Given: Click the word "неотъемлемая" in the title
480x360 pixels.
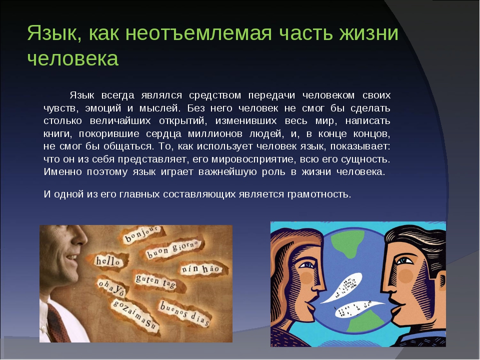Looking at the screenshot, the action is [x=198, y=33].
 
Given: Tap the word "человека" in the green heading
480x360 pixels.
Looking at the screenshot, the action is [x=73, y=58].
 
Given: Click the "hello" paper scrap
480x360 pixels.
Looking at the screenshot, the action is [x=108, y=261].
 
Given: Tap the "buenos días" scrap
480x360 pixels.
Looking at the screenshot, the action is [x=184, y=313].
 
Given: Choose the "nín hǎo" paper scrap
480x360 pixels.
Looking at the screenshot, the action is [x=201, y=269].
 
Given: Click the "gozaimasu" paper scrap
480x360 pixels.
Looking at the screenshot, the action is [x=134, y=316].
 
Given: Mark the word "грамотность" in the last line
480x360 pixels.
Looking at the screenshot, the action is [x=319, y=194].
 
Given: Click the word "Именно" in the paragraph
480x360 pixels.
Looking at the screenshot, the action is [x=63, y=171].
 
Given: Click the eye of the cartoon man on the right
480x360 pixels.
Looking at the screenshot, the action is [x=404, y=261].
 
